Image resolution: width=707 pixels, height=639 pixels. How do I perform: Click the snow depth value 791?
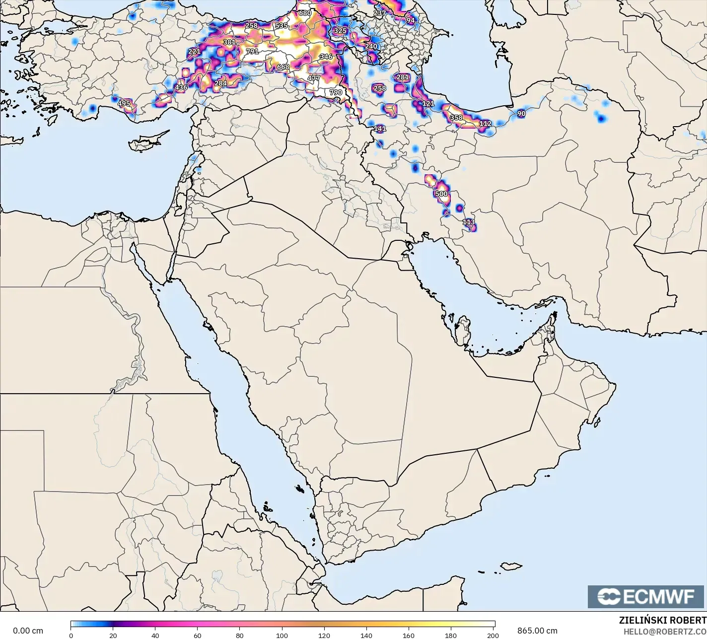pos(252,51)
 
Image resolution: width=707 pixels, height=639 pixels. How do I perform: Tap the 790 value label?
pos(336,92)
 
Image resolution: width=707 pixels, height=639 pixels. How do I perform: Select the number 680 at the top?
pos(305,13)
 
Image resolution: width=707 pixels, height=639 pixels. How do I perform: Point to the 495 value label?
pos(124,104)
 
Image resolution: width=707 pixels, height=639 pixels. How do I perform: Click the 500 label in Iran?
pos(441,194)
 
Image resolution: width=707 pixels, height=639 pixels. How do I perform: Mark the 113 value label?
pos(468,222)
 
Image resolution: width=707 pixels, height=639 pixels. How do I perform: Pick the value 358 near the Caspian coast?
pos(456,118)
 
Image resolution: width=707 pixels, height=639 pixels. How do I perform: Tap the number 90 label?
pos(521,114)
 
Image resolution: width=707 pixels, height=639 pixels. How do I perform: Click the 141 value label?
pos(379,129)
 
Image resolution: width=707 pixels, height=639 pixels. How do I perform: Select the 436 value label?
pos(181,87)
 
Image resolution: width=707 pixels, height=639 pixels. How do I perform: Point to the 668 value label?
pos(283,67)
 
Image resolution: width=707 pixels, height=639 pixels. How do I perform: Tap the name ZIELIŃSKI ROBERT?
pos(662,620)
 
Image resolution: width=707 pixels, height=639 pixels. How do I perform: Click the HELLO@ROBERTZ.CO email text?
pos(665,631)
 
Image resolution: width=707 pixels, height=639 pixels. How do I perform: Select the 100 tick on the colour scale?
pos(282,635)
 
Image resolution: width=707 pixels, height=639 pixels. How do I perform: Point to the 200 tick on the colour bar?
pos(493,635)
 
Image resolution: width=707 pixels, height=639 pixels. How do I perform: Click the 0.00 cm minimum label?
pos(28,631)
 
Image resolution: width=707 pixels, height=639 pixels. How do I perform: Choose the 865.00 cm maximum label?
pos(537,631)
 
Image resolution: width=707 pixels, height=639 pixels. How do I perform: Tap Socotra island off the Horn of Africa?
pos(511,566)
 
